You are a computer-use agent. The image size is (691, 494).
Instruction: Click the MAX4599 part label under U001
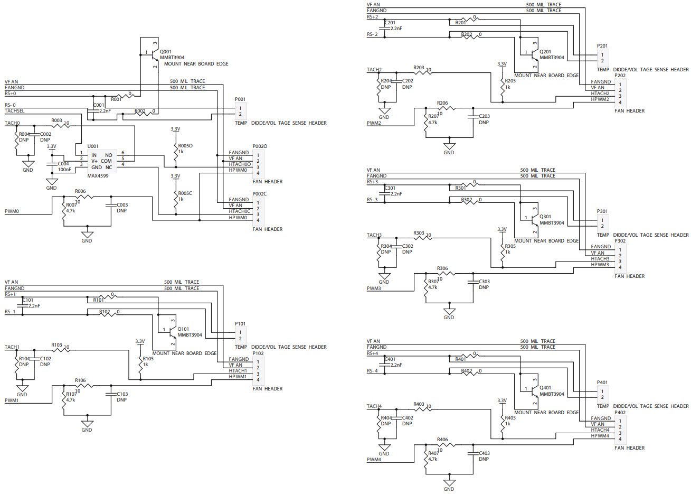point(98,176)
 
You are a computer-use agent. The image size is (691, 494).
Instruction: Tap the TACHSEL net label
point(14,111)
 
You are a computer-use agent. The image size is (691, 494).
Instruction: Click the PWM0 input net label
point(12,211)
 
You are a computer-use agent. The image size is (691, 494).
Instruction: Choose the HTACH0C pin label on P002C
point(239,211)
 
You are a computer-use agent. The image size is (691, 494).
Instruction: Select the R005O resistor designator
point(185,146)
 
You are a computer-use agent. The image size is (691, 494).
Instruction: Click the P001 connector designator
point(240,99)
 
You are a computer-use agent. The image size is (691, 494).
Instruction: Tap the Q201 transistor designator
point(545,52)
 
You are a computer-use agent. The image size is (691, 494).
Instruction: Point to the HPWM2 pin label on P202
point(600,99)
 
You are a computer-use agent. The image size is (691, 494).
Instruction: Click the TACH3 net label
point(374,235)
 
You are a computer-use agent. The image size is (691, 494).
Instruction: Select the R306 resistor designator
point(442,268)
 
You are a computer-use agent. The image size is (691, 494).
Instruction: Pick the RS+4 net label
point(372,353)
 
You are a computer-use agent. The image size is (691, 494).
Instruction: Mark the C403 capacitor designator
point(484,453)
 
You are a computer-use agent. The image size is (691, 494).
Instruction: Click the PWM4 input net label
point(374,460)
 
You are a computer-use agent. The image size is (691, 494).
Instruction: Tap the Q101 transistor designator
point(183,329)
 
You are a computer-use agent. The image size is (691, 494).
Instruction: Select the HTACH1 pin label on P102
point(238,371)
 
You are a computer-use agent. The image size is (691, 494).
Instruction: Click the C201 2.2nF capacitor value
point(396,29)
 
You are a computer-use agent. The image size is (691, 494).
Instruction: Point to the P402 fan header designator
point(620,413)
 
